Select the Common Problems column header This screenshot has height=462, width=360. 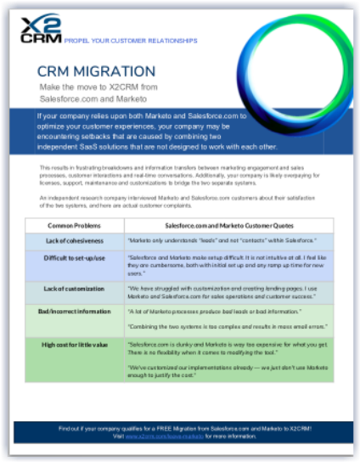point(74,226)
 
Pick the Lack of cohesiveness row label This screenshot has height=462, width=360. point(74,240)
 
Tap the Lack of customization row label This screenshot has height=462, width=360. point(74,287)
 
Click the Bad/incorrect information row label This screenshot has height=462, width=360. point(74,312)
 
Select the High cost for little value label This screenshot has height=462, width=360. point(74,344)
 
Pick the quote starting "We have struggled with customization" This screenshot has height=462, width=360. point(228,293)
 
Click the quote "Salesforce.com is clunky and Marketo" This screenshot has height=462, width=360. point(228,348)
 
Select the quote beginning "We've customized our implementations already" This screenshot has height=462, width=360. point(228,370)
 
